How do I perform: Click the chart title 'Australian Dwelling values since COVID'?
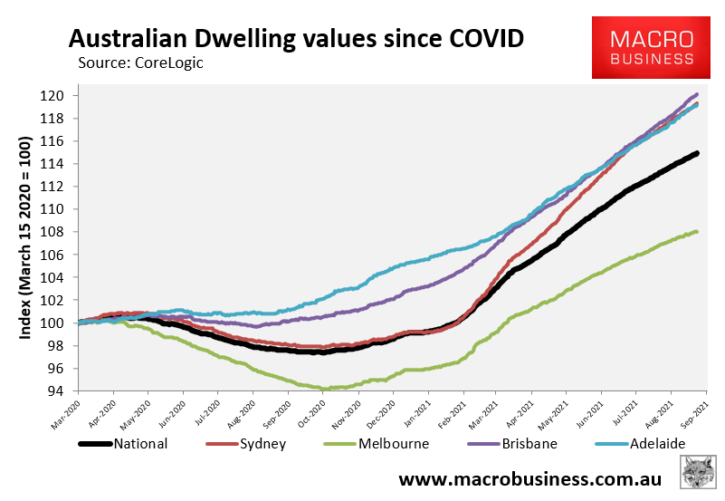tap(296, 39)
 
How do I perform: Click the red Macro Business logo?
tap(652, 47)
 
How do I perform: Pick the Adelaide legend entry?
tap(645, 444)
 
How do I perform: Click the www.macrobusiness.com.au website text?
tap(529, 478)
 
